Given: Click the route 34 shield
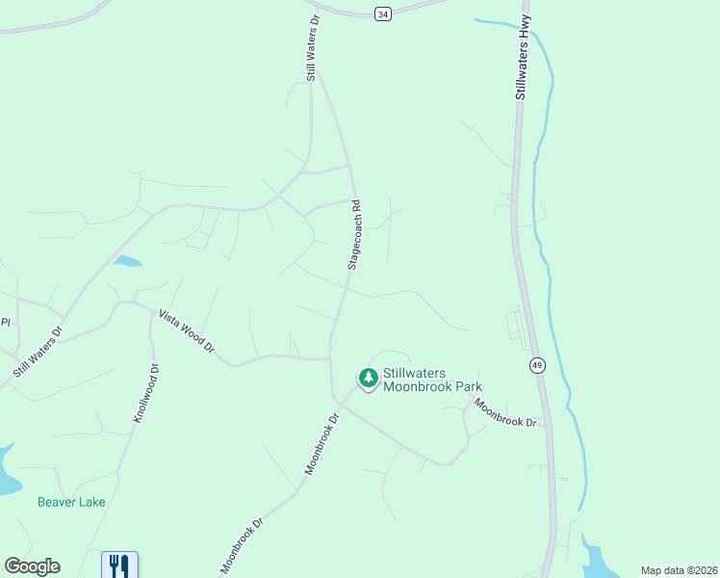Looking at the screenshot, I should (x=383, y=13).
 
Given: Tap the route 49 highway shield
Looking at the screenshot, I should (x=536, y=364).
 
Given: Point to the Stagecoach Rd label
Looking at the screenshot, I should (x=353, y=234).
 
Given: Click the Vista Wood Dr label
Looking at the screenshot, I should (x=186, y=331).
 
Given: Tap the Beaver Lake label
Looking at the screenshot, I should (x=71, y=502).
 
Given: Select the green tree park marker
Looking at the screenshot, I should (x=368, y=378).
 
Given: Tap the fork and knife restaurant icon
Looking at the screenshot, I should (x=119, y=564).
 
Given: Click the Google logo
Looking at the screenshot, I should (x=32, y=566).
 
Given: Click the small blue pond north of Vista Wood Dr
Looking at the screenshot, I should (x=127, y=260).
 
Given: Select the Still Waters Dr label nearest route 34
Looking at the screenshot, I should (x=312, y=47).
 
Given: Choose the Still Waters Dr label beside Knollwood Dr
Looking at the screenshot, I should (x=39, y=351).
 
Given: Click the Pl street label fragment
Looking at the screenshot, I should (x=5, y=322).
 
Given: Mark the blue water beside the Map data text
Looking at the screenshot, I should (x=598, y=561).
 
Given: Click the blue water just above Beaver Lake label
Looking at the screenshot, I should (x=6, y=472).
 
